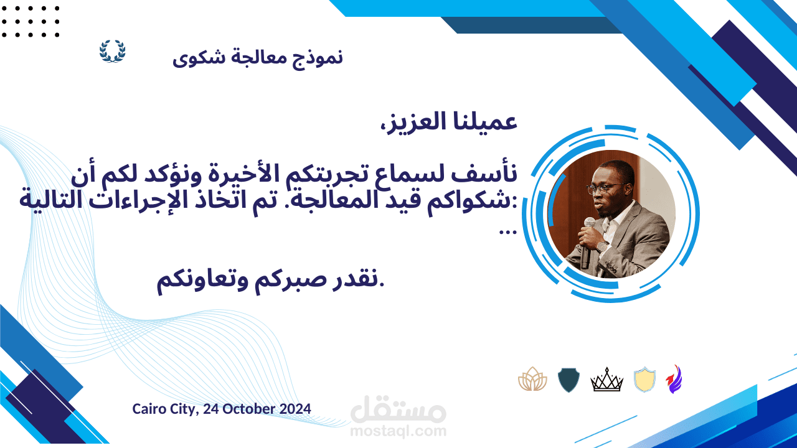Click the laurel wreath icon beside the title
[113, 52]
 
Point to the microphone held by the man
[587, 243]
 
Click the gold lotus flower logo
[532, 379]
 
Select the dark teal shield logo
[568, 380]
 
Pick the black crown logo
[606, 380]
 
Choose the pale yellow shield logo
[644, 380]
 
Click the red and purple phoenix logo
[674, 379]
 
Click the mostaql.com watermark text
[398, 431]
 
